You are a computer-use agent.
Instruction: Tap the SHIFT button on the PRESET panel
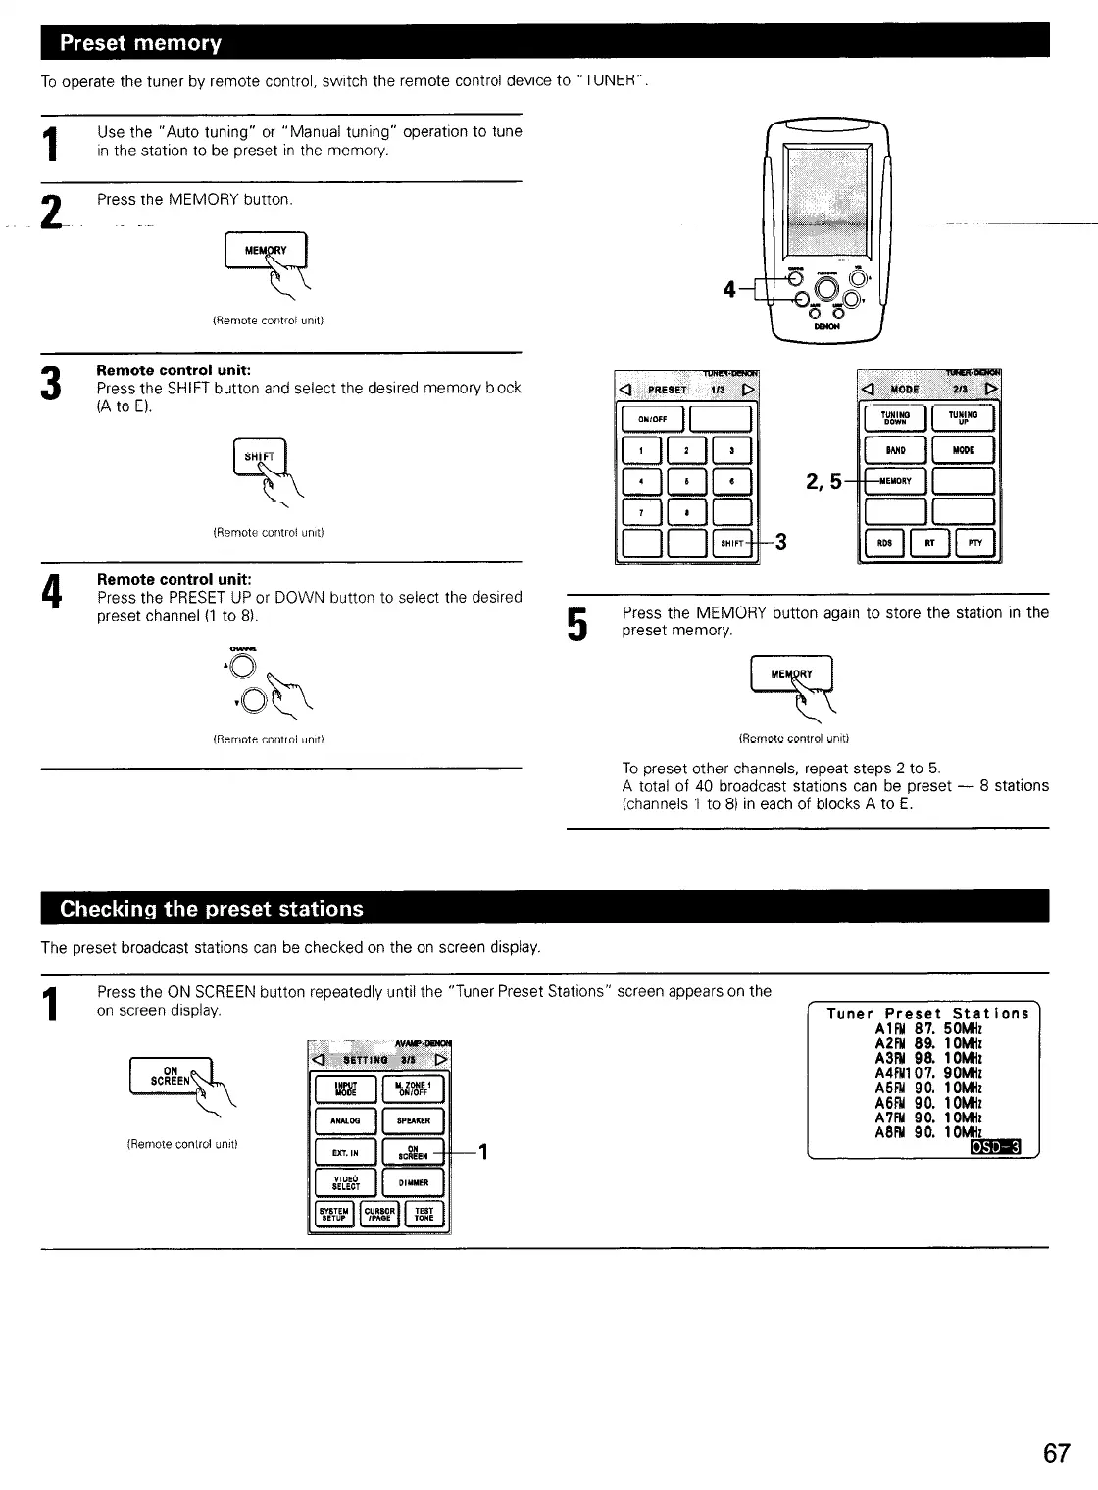tap(731, 543)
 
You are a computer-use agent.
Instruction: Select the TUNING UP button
tap(964, 419)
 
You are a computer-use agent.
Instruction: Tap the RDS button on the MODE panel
tap(884, 543)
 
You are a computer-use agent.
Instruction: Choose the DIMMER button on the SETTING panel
tap(412, 1183)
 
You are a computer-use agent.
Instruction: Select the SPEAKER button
tap(412, 1121)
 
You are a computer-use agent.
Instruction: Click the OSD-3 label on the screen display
tap(995, 1147)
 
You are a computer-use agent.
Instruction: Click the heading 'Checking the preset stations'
tap(212, 909)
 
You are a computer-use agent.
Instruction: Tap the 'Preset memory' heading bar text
tap(141, 43)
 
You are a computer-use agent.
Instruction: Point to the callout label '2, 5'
tap(823, 481)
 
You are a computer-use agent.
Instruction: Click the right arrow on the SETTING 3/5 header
tap(440, 1059)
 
